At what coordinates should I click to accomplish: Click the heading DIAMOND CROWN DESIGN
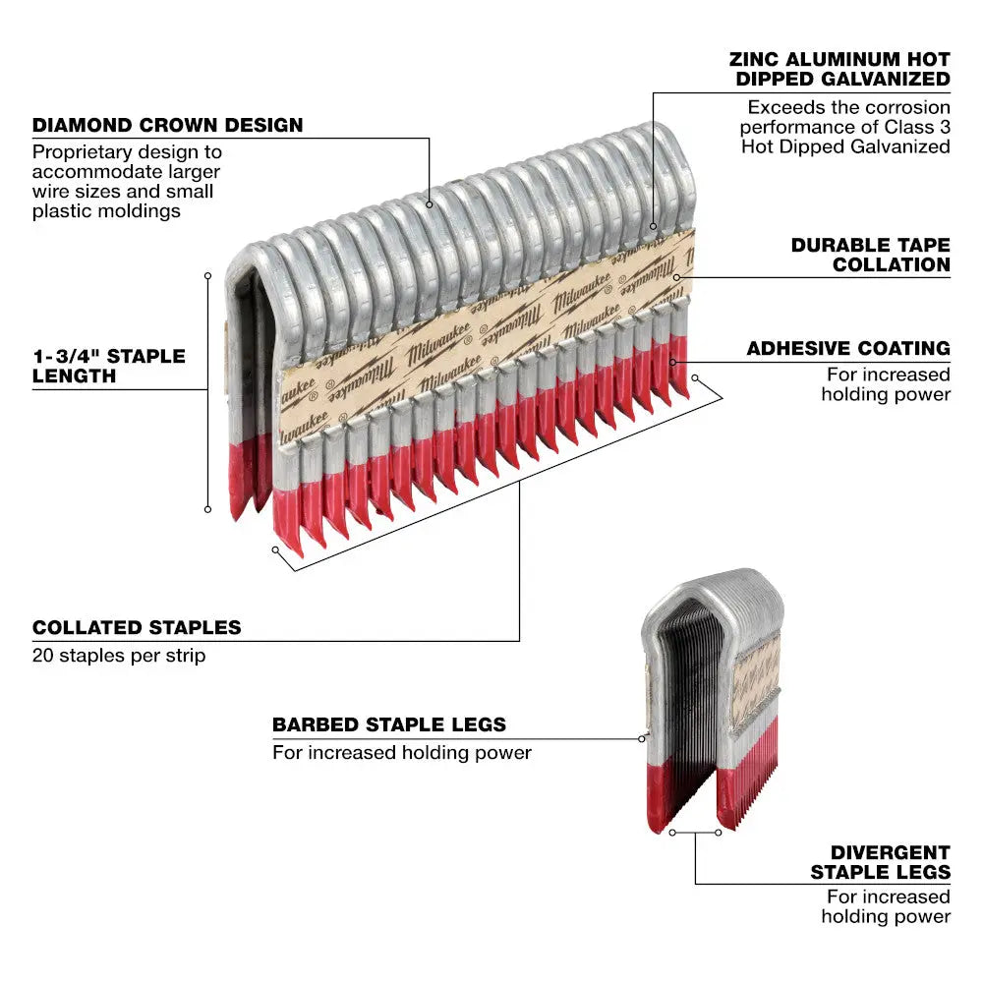(167, 126)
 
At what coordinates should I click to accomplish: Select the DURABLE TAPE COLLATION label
(870, 254)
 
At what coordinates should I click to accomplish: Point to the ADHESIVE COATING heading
(847, 348)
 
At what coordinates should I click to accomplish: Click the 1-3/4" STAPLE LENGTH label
(108, 366)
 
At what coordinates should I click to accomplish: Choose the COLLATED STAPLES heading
(137, 627)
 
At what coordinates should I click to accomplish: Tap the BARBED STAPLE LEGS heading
(389, 725)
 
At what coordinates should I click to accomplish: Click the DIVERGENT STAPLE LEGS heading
(880, 862)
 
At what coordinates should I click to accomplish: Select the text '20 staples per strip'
(119, 655)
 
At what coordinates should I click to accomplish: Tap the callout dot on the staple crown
(430, 204)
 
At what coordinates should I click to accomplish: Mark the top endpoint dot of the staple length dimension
(207, 275)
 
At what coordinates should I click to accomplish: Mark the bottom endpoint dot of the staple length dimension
(207, 508)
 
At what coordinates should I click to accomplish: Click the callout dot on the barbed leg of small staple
(641, 737)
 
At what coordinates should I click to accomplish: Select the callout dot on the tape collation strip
(677, 277)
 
